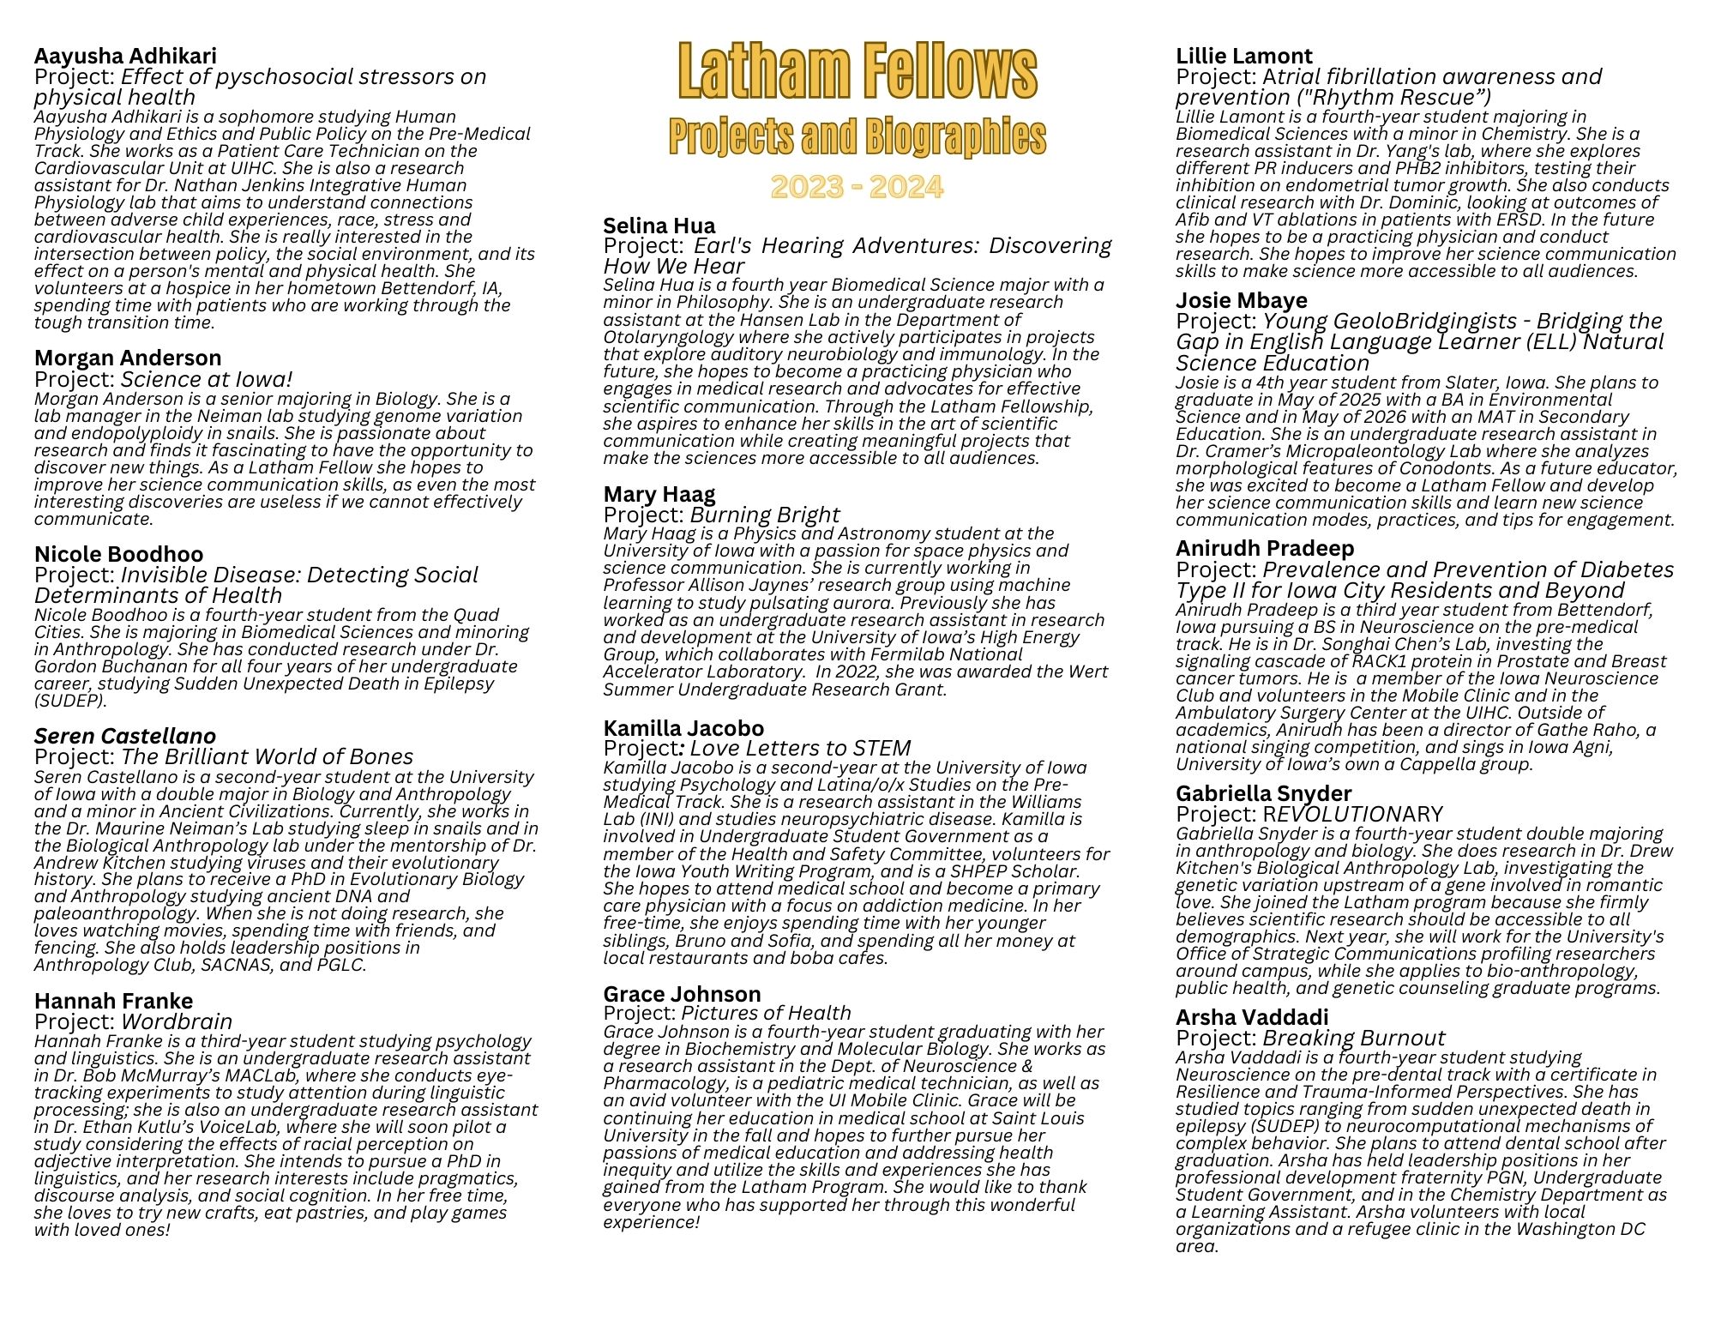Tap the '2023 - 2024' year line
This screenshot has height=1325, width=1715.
(x=857, y=186)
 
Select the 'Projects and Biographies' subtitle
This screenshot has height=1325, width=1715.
(x=857, y=136)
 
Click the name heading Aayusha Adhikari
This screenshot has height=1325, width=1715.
(x=125, y=56)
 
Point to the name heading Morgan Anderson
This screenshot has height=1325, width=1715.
(x=128, y=358)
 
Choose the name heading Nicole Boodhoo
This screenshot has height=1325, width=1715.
(x=118, y=554)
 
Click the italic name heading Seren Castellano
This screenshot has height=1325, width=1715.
(x=125, y=736)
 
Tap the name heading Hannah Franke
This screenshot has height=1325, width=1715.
(x=113, y=1001)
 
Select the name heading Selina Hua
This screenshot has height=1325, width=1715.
(x=659, y=226)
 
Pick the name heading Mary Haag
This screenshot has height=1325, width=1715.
(x=659, y=494)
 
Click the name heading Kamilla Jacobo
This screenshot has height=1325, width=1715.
(x=683, y=728)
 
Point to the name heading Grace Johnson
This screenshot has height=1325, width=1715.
(x=682, y=994)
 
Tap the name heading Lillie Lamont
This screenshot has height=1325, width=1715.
(x=1244, y=56)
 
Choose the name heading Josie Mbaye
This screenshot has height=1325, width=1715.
(x=1242, y=300)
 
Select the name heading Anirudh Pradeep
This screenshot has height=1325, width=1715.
(x=1265, y=548)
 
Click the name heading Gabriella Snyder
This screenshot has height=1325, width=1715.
(x=1264, y=793)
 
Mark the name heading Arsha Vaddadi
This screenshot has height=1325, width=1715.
(x=1252, y=1017)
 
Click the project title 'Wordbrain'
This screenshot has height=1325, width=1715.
(x=177, y=1021)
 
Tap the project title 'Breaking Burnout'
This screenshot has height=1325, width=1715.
(x=1354, y=1038)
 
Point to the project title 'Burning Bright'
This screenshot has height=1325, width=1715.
(x=765, y=515)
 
